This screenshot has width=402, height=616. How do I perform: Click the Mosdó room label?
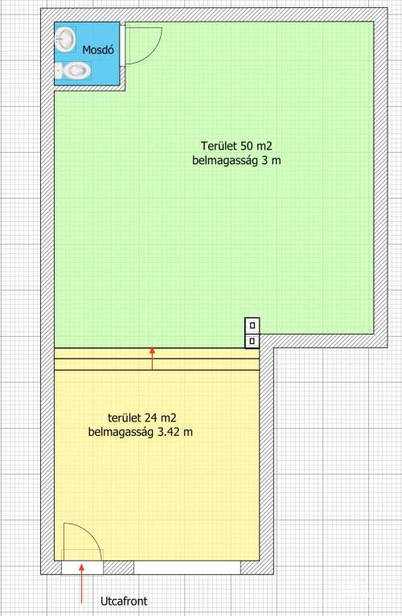pos(98,51)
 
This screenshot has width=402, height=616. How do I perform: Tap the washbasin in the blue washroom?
pos(65,39)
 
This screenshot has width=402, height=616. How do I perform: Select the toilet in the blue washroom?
pos(73,72)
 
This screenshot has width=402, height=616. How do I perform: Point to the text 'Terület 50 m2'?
pos(236,146)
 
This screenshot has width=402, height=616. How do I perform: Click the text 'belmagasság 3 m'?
pos(236,160)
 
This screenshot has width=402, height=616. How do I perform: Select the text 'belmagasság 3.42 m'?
pos(140,432)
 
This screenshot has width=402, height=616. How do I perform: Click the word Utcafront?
pos(124,601)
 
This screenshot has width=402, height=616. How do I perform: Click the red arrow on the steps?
pos(153,359)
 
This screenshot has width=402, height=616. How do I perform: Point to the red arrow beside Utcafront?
pos(82,583)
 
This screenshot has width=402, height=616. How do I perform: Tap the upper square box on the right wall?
pos(252,325)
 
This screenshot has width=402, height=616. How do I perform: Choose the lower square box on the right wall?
pos(252,341)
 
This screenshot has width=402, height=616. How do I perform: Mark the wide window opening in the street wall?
pos(187,568)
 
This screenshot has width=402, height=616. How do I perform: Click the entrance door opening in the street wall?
pos(82,568)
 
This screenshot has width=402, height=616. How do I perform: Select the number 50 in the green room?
pos(246,146)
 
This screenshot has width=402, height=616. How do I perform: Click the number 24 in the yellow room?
pos(150,417)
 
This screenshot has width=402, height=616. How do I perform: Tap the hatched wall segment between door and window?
pos(118,568)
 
